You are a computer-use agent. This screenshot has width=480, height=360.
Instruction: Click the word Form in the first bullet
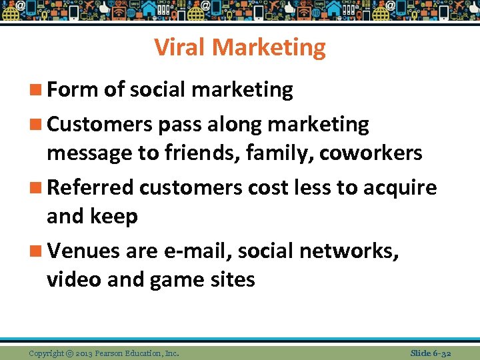[72, 90]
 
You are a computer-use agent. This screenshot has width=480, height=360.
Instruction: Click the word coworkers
[371, 153]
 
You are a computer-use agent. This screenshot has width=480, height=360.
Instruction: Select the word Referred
[91, 188]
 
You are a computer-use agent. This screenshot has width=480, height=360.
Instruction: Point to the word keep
[118, 217]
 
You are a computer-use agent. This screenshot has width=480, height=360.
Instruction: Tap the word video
[74, 279]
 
